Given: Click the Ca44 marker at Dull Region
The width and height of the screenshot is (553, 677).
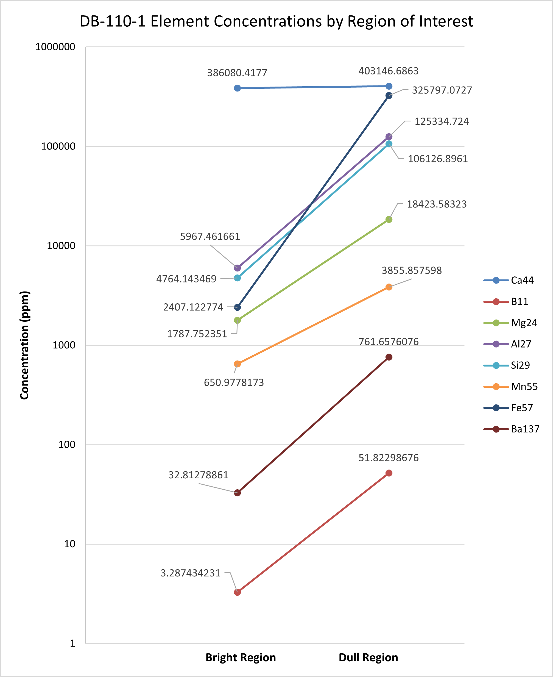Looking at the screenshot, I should [x=389, y=86].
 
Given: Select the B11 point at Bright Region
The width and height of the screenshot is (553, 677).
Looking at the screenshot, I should [x=237, y=592].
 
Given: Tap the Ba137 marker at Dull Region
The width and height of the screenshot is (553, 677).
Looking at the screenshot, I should [x=389, y=357].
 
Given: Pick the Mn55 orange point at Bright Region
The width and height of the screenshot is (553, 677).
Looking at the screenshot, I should [x=237, y=364].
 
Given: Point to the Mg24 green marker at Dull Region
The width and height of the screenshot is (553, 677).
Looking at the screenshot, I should [x=389, y=219].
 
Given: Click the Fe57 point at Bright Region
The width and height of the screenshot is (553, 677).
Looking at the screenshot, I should [x=237, y=307].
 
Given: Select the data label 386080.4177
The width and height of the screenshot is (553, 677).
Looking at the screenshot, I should [x=237, y=73].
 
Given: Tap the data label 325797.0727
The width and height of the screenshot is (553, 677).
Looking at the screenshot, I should [x=442, y=90].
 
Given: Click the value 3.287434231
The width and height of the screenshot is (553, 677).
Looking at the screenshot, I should [x=190, y=573].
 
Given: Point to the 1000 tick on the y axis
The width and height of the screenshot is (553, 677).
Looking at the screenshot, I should [x=64, y=345].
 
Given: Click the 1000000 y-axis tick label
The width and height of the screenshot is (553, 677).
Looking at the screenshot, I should [x=55, y=47].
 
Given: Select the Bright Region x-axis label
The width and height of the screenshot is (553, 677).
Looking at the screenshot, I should [x=241, y=657].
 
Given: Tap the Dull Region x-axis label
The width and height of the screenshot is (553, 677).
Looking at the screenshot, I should [x=368, y=657].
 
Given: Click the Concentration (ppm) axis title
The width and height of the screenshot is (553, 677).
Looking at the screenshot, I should [x=24, y=345].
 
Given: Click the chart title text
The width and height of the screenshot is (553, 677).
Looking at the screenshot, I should [x=276, y=21].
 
